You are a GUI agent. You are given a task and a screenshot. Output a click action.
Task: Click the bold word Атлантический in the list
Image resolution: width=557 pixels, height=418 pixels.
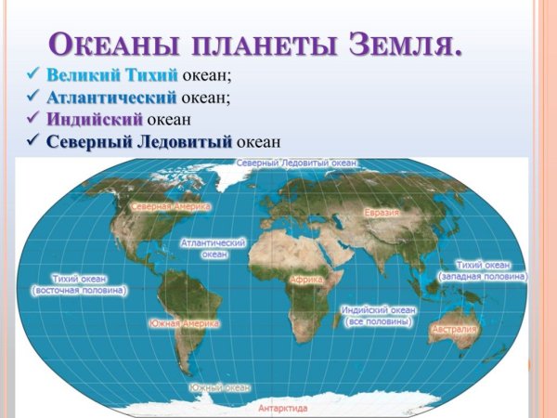111,98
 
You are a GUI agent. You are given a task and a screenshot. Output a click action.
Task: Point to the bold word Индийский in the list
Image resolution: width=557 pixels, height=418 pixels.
94,120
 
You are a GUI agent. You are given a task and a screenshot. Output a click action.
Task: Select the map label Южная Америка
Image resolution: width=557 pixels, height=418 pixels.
184,323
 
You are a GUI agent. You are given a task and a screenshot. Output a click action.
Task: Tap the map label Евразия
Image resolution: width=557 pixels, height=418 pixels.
382,213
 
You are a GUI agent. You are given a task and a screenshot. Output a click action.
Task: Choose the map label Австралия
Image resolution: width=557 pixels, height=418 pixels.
454,329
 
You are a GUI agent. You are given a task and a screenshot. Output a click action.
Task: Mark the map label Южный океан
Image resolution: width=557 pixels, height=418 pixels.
219,387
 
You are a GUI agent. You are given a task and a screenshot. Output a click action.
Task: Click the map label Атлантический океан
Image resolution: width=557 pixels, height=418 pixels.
214,248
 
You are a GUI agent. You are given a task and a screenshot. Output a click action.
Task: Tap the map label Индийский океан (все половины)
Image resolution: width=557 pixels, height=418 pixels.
379,315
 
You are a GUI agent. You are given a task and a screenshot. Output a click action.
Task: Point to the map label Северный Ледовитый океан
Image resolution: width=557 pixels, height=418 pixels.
297,163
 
